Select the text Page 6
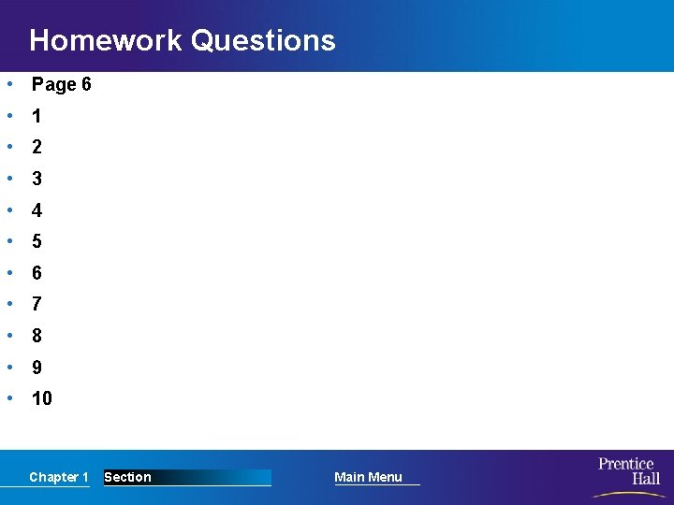(62, 85)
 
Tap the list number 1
(37, 117)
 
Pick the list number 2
(37, 148)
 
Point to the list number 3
(37, 179)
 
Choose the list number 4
(37, 210)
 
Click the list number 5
(37, 241)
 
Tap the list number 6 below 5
(37, 273)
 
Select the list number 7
(37, 304)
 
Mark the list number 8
(37, 336)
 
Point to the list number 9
(37, 368)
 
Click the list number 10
(42, 398)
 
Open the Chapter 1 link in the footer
(59, 477)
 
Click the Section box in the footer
(187, 477)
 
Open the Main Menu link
(368, 477)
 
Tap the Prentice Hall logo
(628, 470)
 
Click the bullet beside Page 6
(8, 84)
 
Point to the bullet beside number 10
(8, 397)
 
